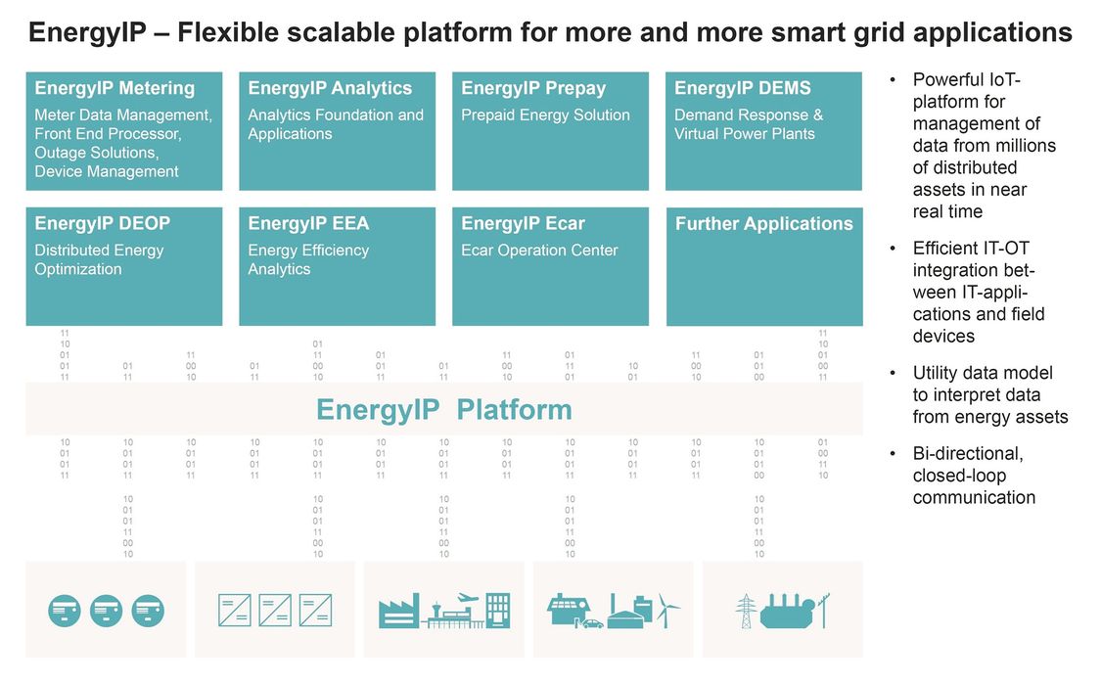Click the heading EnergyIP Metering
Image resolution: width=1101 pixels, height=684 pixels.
point(115,88)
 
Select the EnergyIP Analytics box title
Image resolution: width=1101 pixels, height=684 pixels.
point(330,88)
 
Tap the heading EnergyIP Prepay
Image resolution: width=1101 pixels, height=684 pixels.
point(533,88)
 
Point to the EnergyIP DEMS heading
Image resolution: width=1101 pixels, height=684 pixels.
point(742,88)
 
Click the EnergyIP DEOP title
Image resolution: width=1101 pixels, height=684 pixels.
point(103,223)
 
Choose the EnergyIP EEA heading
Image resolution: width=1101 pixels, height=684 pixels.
point(308,223)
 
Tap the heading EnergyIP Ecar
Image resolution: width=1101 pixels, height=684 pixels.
point(523,223)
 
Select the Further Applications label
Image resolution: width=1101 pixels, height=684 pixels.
point(764,223)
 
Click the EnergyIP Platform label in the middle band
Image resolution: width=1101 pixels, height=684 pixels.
point(443,410)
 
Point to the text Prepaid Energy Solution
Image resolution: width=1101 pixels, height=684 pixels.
point(545,115)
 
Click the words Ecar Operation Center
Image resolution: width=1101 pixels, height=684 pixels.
point(539,250)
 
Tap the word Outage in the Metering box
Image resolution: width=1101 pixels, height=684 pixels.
point(59,153)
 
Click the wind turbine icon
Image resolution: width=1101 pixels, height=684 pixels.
point(667,611)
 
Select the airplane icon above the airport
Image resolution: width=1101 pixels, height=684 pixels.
point(467,598)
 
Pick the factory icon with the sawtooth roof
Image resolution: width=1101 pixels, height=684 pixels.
point(399,611)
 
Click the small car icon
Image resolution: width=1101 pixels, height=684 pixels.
point(593,623)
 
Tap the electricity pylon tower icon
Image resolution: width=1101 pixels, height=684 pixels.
point(746,611)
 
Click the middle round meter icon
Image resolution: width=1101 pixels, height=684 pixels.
point(106,611)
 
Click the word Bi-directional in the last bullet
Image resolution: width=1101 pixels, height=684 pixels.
point(968,454)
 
